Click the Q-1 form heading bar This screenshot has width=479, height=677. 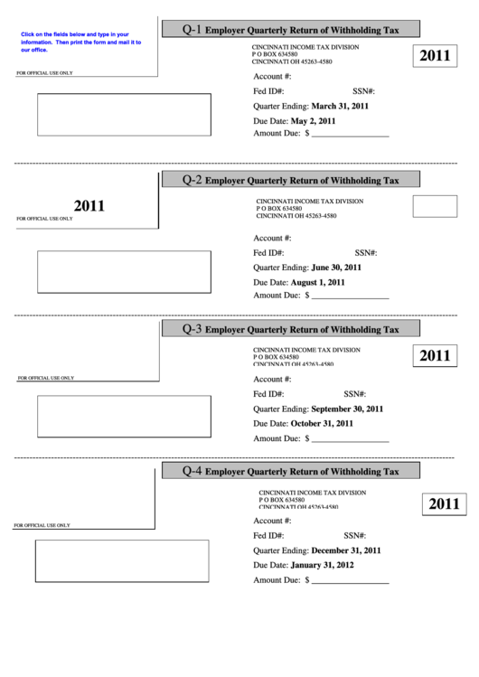click(x=291, y=30)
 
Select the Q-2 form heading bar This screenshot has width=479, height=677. click(x=291, y=180)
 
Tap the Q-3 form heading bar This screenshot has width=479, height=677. click(x=291, y=329)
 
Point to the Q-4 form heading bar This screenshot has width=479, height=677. click(x=291, y=471)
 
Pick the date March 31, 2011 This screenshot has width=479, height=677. click(x=340, y=106)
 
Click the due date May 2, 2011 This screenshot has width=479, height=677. click(x=313, y=120)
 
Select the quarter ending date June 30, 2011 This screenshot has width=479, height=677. click(x=336, y=268)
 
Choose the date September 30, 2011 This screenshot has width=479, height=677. click(x=347, y=409)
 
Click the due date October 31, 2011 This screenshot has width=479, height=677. click(x=322, y=423)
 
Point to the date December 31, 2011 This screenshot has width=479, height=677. click(x=346, y=550)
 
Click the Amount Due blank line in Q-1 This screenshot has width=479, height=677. click(x=351, y=135)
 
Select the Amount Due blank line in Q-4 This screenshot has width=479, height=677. click(x=351, y=582)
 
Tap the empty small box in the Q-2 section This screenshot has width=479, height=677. click(x=435, y=206)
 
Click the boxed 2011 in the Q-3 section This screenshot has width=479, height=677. click(x=435, y=355)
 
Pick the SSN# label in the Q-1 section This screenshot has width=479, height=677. click(x=363, y=91)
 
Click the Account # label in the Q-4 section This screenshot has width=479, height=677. click(x=272, y=522)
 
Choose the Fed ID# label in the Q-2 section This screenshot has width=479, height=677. click(x=268, y=253)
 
